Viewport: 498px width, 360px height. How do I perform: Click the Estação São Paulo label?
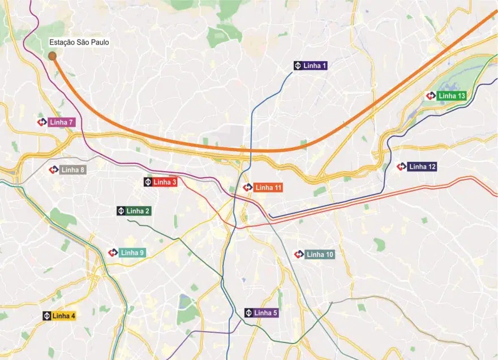[79, 42]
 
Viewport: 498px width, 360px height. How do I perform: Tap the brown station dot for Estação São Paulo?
[52, 56]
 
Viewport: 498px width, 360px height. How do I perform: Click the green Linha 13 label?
[452, 96]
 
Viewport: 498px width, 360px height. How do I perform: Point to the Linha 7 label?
[62, 122]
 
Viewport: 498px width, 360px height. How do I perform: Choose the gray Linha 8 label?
[73, 170]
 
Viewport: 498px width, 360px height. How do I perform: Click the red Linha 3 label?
[165, 182]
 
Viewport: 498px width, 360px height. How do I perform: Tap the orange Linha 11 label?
[268, 187]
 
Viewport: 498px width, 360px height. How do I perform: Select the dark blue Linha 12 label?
[422, 167]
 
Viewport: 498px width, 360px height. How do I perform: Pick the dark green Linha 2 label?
[138, 211]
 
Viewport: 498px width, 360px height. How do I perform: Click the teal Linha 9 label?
[132, 253]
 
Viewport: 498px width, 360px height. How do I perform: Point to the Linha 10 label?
[320, 255]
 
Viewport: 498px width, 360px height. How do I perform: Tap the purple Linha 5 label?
[265, 313]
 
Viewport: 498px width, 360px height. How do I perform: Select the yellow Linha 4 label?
[63, 316]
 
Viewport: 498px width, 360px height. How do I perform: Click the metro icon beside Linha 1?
[298, 66]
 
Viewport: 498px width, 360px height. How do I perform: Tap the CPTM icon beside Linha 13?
[431, 96]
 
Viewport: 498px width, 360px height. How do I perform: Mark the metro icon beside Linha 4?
[47, 316]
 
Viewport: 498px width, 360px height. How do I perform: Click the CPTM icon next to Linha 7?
[41, 122]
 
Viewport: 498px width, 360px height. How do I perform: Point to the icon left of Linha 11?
[247, 187]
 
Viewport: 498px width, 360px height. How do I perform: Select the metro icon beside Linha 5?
[248, 313]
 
